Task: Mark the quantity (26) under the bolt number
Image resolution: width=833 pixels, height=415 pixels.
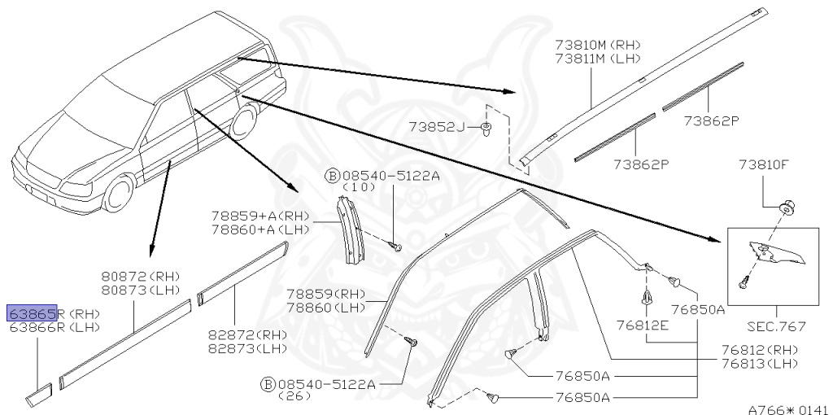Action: [297, 395]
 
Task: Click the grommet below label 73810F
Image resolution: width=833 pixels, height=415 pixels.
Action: [787, 207]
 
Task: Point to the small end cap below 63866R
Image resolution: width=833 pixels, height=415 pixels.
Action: [38, 395]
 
